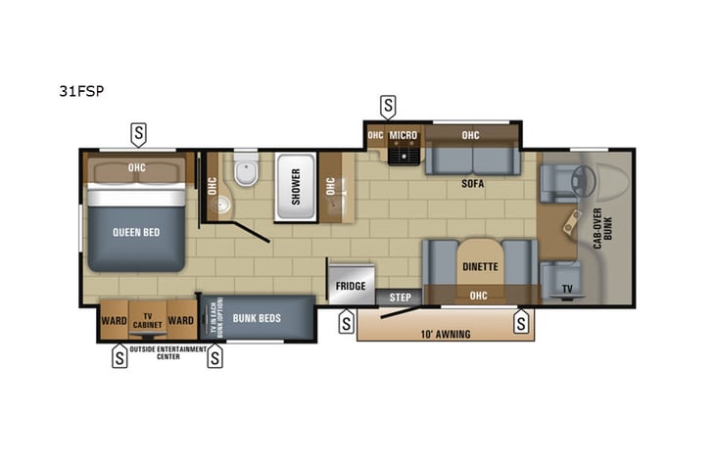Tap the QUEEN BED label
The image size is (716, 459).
[135, 232]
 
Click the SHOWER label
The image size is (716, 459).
[296, 181]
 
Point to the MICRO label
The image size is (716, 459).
[403, 135]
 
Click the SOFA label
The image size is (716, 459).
[474, 183]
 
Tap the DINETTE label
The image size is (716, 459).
[480, 265]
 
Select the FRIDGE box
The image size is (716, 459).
[350, 284]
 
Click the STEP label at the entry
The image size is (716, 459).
[400, 297]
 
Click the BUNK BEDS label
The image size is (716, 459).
[257, 318]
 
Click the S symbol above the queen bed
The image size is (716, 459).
[139, 132]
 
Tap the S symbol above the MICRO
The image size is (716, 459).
[389, 105]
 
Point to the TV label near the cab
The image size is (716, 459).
[567, 289]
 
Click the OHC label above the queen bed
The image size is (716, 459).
[136, 167]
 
